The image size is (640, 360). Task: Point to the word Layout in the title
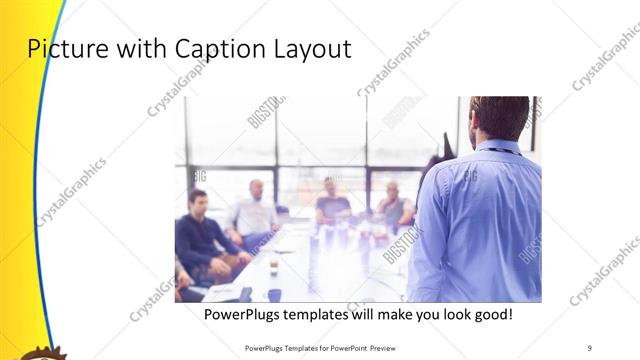pyautogui.click(x=312, y=50)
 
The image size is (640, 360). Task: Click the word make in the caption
pyautogui.click(x=413, y=314)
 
